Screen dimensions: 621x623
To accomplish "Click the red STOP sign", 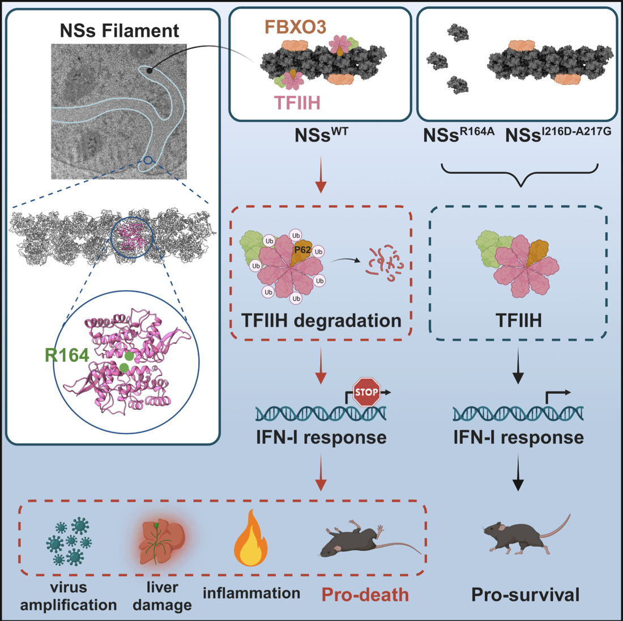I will click(x=366, y=392).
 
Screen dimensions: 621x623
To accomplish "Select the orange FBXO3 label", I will click(x=295, y=26).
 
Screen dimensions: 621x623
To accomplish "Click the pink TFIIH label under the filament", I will click(x=297, y=102).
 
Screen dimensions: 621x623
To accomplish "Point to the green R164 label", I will click(x=67, y=355).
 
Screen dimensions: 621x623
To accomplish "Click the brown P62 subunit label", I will click(x=302, y=249).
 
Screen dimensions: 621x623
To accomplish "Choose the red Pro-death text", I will click(x=365, y=595).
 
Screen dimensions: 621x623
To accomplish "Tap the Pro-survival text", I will click(x=526, y=595).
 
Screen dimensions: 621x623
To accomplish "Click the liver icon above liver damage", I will click(x=161, y=541).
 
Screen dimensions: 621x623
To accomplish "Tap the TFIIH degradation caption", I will click(x=321, y=320).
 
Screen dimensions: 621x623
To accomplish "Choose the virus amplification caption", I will click(x=69, y=596).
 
